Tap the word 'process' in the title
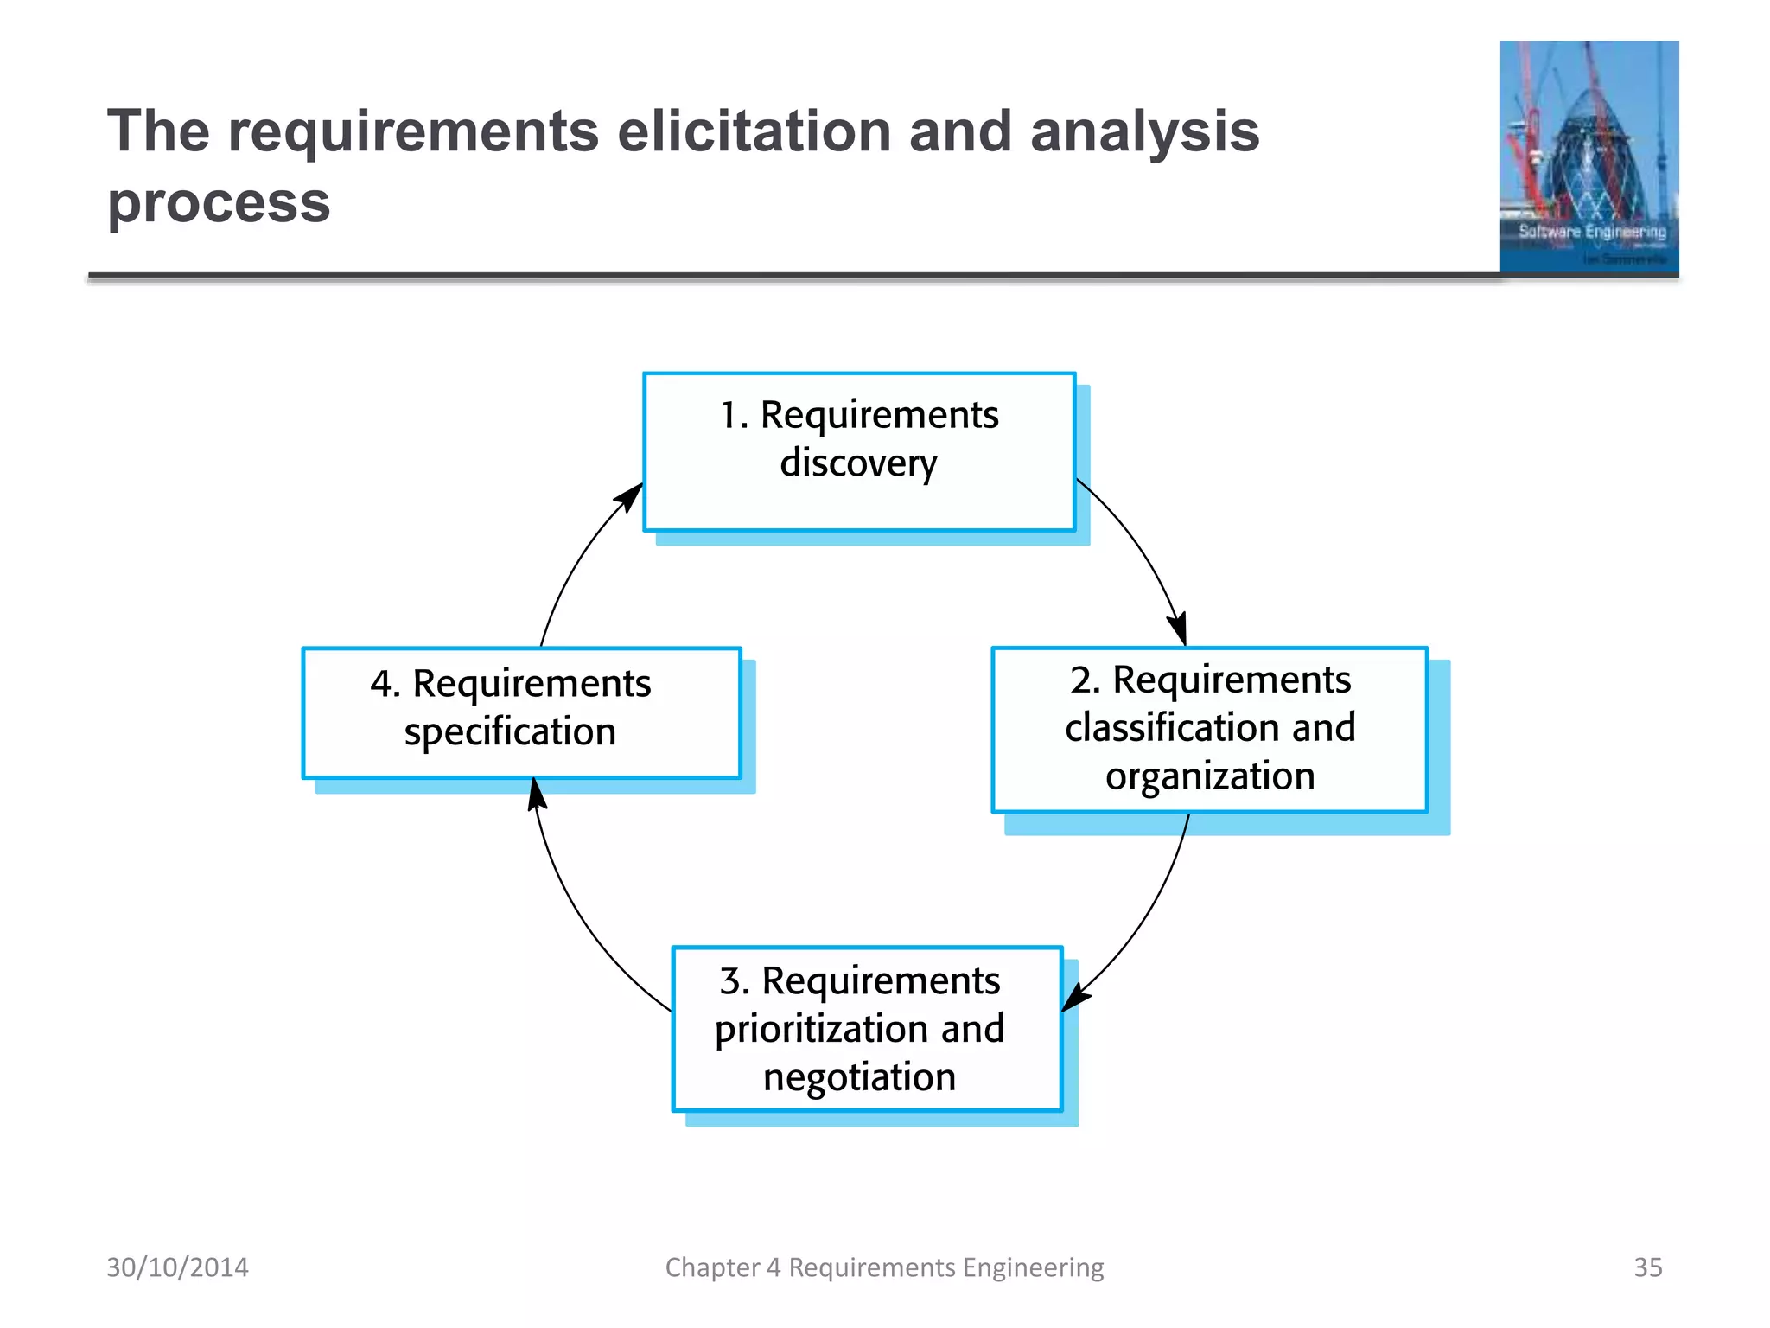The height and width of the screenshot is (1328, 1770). coord(219,204)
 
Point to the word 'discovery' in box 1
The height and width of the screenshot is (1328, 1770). coord(858,463)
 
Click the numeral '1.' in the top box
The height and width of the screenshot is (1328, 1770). coord(734,415)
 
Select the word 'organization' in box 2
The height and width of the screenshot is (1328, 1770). coord(1210,776)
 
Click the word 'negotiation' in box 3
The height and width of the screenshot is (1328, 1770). coord(859,1077)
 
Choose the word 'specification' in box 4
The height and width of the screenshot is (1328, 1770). coord(510,732)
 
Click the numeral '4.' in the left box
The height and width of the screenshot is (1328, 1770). coord(385,684)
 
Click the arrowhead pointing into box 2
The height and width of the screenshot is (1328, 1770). coord(1179,629)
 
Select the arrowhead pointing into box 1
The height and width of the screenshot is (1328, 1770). coord(629,496)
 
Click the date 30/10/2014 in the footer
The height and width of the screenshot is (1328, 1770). coord(177,1267)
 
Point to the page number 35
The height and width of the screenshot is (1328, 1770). coord(1647,1267)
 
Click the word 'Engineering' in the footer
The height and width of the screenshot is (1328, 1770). coord(1033,1267)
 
